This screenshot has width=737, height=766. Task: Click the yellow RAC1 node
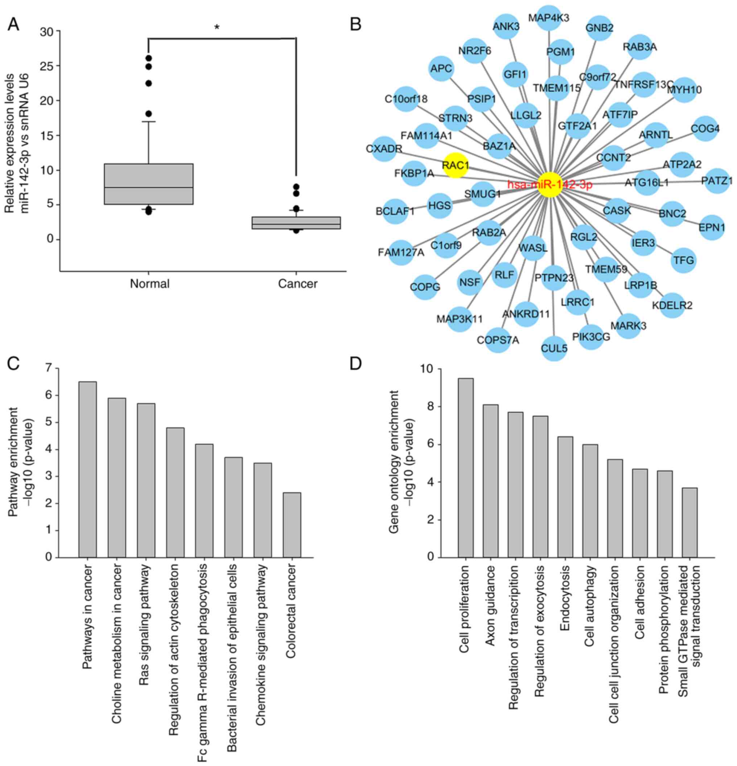(x=456, y=165)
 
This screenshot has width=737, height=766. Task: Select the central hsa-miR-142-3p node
(x=549, y=184)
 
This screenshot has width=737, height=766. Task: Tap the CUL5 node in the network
(x=554, y=348)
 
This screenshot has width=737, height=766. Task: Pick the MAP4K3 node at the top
(x=549, y=17)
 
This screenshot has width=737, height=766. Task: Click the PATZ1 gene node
(x=717, y=181)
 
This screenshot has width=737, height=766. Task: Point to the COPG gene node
(x=425, y=287)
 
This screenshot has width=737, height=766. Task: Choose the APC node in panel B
(x=441, y=69)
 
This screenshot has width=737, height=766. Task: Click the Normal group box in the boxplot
(x=148, y=184)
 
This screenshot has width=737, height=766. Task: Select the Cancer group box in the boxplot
(x=296, y=222)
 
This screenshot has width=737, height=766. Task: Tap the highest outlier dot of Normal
(x=148, y=58)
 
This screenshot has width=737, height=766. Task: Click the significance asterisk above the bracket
(x=217, y=28)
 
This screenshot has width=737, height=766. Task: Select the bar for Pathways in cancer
(x=87, y=469)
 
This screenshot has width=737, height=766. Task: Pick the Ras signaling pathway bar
(x=146, y=480)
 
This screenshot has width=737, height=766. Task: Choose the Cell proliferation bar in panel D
(x=466, y=467)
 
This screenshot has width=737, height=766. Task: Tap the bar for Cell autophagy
(x=590, y=501)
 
